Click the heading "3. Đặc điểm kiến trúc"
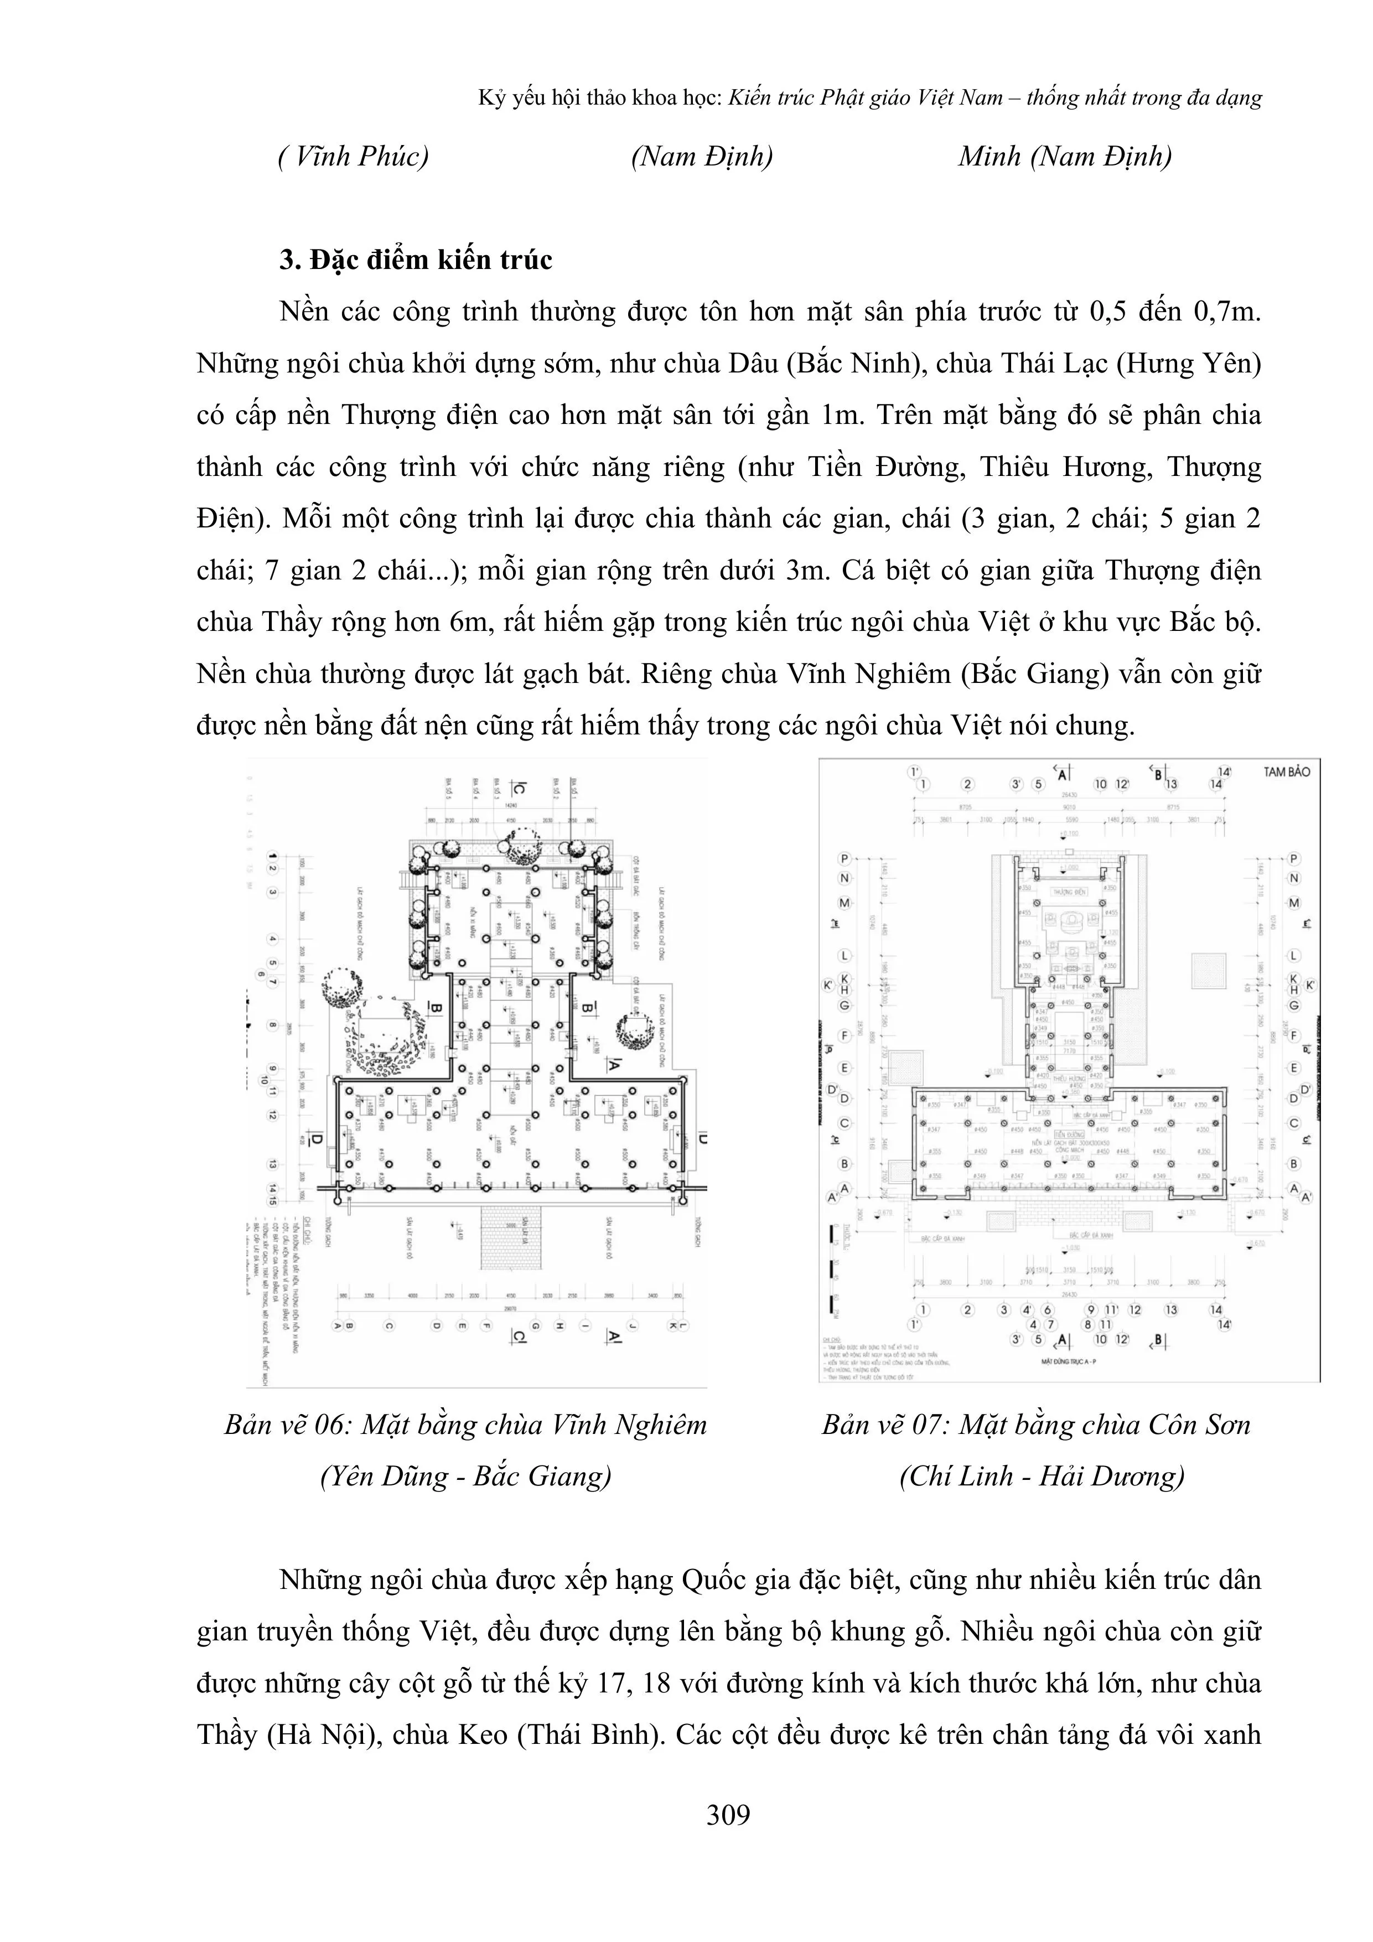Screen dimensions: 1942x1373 coord(416,260)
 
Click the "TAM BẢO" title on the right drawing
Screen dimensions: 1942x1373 coord(1286,771)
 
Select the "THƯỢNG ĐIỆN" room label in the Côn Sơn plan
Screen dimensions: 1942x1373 coord(1068,892)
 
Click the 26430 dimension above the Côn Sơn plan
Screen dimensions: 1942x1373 coord(1069,795)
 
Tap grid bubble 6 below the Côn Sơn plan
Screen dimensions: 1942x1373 coord(1047,1309)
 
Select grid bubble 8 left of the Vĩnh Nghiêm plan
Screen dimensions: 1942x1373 coord(272,1026)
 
